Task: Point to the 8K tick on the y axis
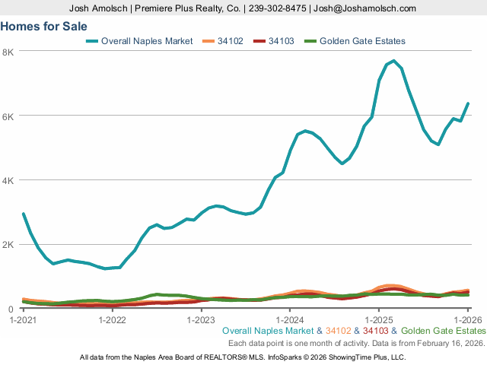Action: (x=9, y=52)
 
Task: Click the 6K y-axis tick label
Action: (x=9, y=116)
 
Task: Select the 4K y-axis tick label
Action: (x=9, y=180)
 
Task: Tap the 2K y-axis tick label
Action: (x=9, y=245)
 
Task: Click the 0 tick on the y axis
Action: (x=11, y=309)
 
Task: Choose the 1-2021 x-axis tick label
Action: (x=23, y=319)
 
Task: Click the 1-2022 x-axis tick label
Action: (x=112, y=319)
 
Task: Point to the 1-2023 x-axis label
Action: (x=201, y=319)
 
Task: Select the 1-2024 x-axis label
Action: (x=290, y=319)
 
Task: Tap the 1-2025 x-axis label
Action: (x=379, y=319)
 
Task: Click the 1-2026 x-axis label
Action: (x=468, y=319)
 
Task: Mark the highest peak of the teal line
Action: (x=393, y=61)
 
